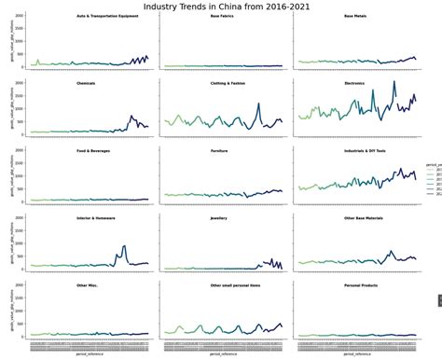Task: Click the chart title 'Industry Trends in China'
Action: (x=221, y=7)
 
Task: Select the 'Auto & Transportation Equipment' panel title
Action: (x=107, y=16)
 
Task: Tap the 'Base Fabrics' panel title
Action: (x=222, y=16)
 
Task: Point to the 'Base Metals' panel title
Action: (x=355, y=16)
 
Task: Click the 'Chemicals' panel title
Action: (x=87, y=83)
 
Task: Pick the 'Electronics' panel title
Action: (x=354, y=83)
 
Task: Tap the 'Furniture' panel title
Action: (x=219, y=150)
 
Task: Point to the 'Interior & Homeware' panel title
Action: (x=95, y=217)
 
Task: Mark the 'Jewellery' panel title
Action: (x=219, y=217)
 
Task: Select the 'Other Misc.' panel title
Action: (x=87, y=284)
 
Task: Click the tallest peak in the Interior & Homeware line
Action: (x=124, y=245)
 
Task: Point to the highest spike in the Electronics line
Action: (x=394, y=82)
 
